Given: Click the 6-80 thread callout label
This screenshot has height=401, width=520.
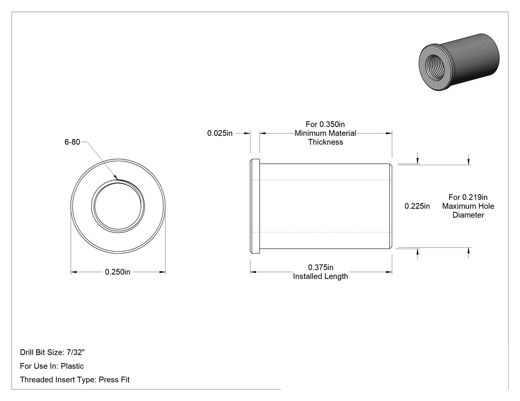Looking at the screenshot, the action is (x=72, y=142).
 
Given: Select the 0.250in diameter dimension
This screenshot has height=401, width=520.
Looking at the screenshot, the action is (x=118, y=272).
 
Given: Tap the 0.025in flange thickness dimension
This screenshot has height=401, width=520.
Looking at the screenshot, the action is (x=220, y=133).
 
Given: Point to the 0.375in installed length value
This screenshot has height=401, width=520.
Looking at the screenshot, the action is (x=321, y=267).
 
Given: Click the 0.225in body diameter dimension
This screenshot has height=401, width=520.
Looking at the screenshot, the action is (x=417, y=206).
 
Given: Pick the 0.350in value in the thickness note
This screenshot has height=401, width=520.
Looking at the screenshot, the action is (x=332, y=124).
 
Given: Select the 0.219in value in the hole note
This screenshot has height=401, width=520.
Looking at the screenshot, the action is (x=474, y=197).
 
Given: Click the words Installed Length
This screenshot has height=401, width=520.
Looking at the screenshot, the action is (x=320, y=276).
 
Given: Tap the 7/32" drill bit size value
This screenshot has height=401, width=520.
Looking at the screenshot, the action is (x=76, y=352).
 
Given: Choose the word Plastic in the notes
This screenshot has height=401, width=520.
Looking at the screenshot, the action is (x=72, y=366).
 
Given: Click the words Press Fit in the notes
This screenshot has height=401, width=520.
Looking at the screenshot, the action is (x=114, y=379).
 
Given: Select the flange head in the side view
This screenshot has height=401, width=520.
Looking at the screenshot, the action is (x=255, y=206).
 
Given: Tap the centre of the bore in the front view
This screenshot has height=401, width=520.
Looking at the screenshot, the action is (x=118, y=206).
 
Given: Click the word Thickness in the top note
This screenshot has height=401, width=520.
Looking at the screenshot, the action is (x=325, y=142).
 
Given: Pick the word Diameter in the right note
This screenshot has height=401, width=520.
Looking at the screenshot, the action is (x=468, y=215).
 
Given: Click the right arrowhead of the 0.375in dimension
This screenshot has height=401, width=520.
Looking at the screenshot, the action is (x=392, y=272).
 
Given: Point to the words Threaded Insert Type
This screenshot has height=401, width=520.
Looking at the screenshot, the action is (x=58, y=379).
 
